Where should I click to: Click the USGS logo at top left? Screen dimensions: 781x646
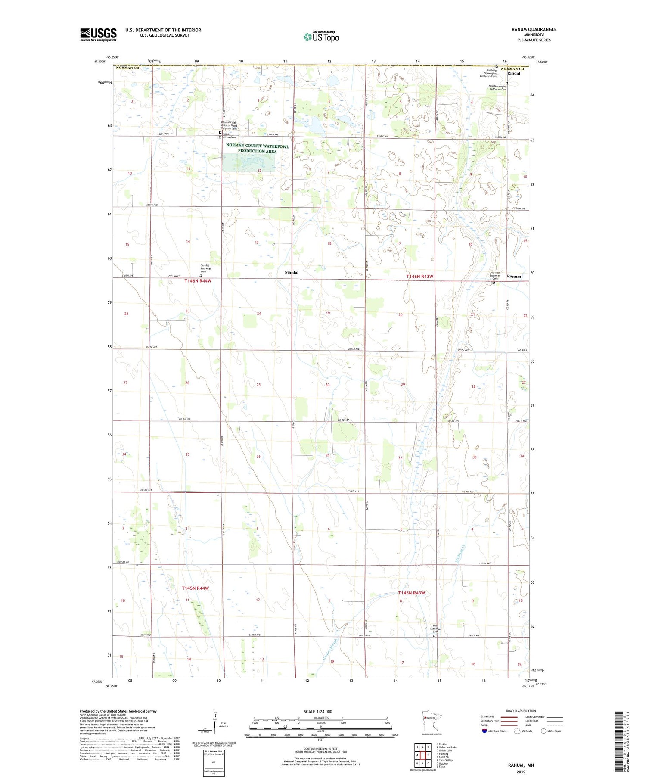(x=98, y=34)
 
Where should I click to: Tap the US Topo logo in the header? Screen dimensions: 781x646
(x=321, y=37)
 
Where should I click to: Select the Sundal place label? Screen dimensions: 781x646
(x=292, y=272)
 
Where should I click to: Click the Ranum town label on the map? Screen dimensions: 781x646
(x=513, y=276)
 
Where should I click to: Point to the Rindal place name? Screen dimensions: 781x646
(x=513, y=73)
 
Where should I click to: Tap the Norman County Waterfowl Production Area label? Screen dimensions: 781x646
(x=257, y=148)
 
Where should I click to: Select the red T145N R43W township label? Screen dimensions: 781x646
(x=411, y=593)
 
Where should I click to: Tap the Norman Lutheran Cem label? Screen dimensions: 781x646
(x=495, y=275)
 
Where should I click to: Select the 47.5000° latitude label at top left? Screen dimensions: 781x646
(x=99, y=62)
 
